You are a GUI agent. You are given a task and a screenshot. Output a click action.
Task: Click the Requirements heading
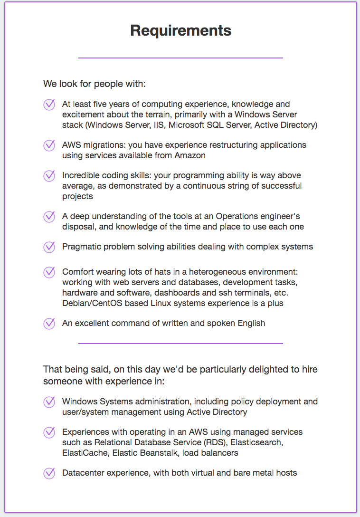[x=180, y=31]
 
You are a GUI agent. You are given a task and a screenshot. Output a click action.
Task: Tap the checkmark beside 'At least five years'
[x=49, y=105]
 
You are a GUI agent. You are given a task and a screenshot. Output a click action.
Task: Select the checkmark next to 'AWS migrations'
[x=49, y=145]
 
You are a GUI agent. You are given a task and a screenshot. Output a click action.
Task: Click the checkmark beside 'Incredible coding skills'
[x=49, y=176]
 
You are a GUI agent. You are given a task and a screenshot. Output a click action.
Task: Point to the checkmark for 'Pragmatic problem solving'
[x=49, y=247]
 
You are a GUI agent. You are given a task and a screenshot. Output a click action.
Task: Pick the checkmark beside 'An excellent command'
[x=49, y=324]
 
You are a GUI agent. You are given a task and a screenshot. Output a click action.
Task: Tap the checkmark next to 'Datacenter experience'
[x=49, y=473]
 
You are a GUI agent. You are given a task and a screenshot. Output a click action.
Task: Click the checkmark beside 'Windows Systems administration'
[x=49, y=402]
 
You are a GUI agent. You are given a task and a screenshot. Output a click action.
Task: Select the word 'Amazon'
[x=190, y=155]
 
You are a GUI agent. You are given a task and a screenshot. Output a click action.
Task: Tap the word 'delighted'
[x=257, y=369]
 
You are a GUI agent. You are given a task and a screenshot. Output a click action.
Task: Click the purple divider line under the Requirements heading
[x=180, y=58]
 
